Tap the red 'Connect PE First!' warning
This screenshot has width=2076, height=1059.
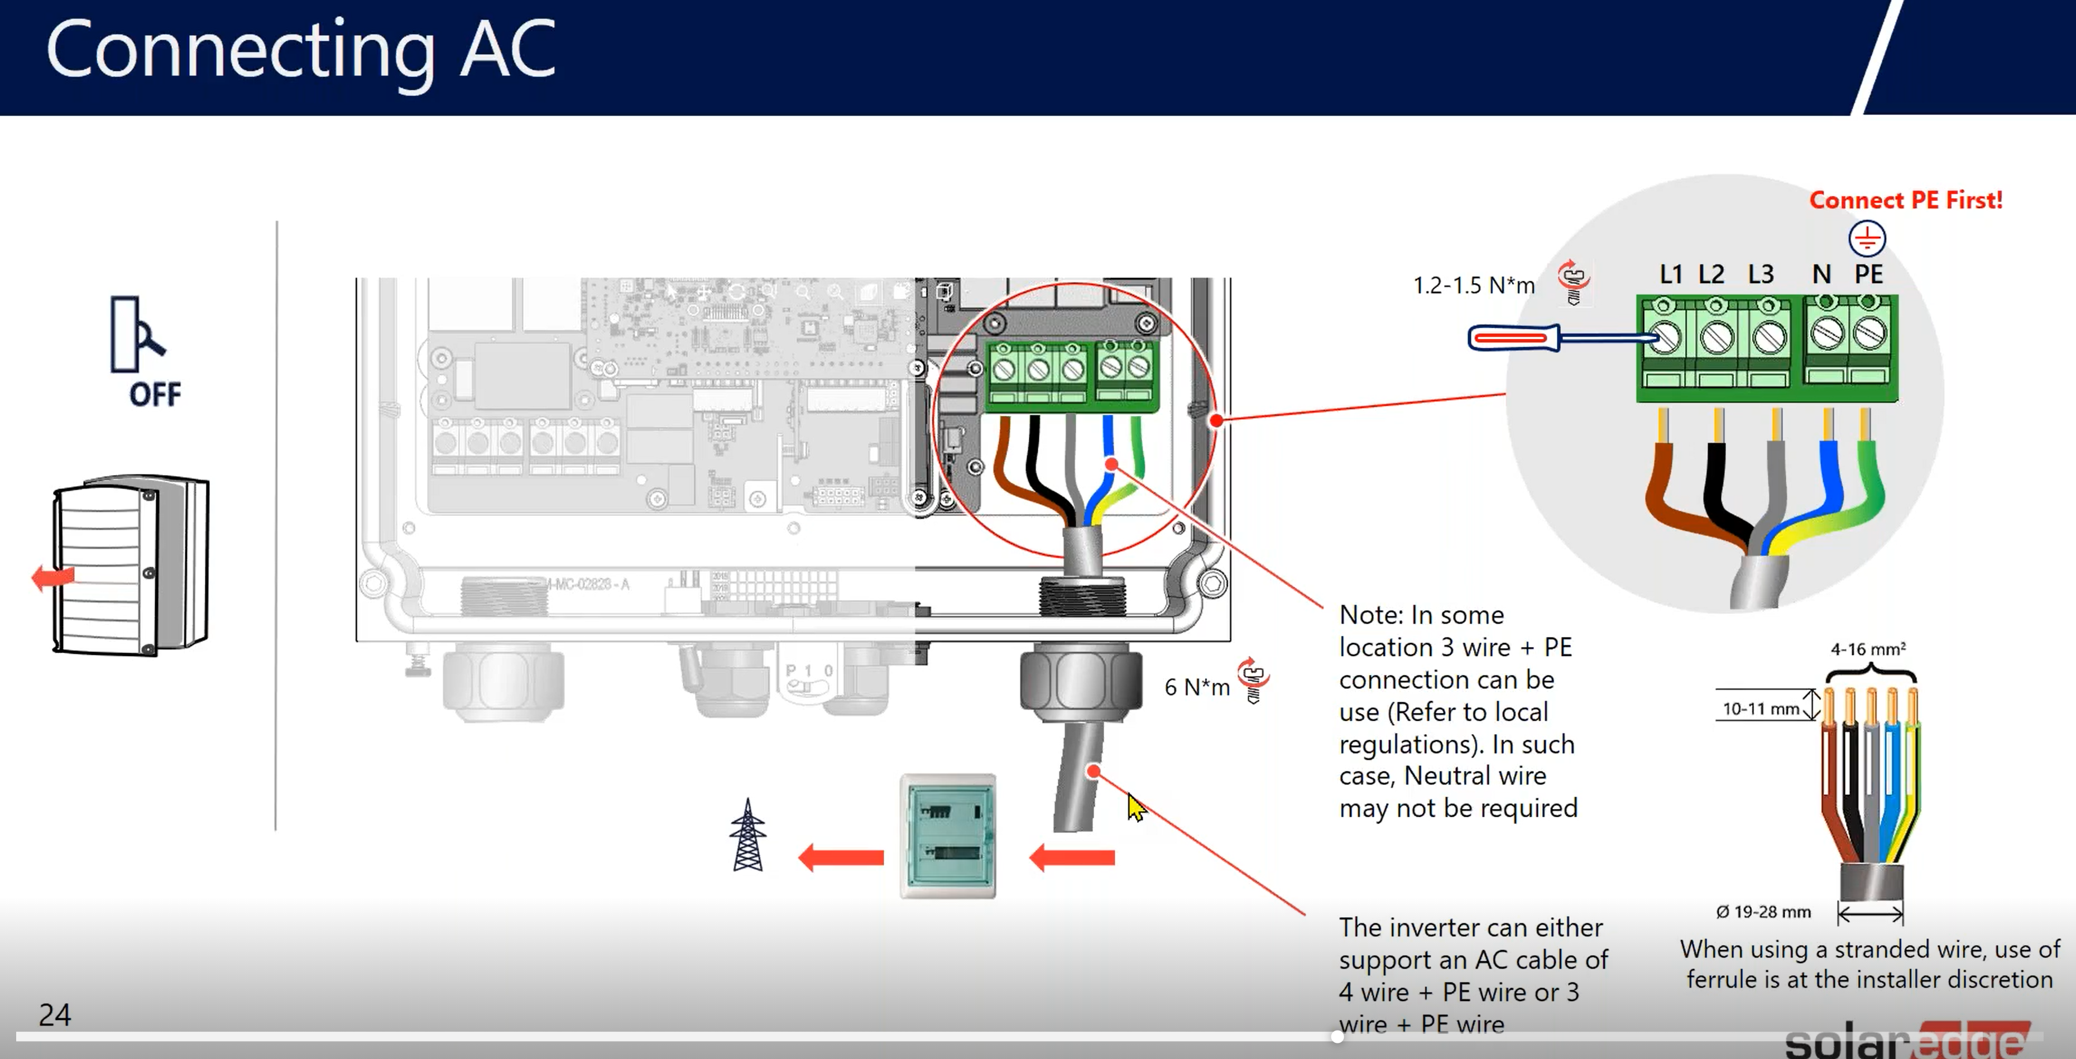(1905, 200)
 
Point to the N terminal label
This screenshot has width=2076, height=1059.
(1820, 275)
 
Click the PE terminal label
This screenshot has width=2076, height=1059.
(1868, 275)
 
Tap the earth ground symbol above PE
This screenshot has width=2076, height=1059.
(1867, 238)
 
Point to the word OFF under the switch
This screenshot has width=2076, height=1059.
(155, 394)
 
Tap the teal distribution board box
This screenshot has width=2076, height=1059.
(948, 836)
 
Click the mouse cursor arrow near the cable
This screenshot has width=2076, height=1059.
(1135, 807)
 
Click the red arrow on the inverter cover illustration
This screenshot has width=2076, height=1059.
(53, 577)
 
